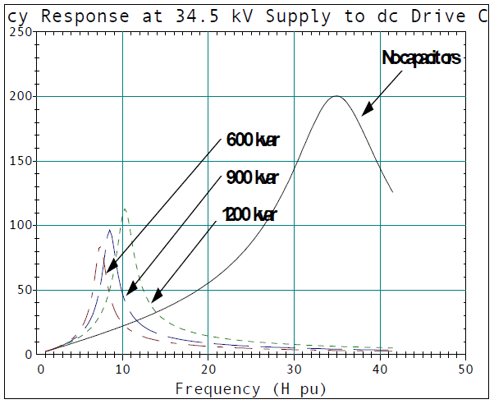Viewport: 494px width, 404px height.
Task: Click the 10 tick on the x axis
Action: point(123,370)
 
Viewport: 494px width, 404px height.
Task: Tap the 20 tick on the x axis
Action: point(208,370)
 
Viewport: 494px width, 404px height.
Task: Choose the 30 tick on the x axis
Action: point(294,370)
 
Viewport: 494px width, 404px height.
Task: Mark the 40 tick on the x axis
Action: point(379,370)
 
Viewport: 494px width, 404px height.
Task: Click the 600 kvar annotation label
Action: point(253,140)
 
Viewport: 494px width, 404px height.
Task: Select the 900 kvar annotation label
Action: point(253,178)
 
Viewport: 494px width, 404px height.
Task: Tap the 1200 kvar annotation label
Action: point(249,215)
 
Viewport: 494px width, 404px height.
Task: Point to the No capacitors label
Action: point(422,58)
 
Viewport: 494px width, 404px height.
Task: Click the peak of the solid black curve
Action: point(336,96)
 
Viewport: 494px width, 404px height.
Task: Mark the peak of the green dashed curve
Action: point(124,209)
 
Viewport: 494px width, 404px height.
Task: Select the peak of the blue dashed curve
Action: point(109,230)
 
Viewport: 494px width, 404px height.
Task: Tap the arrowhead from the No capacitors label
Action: point(364,112)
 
